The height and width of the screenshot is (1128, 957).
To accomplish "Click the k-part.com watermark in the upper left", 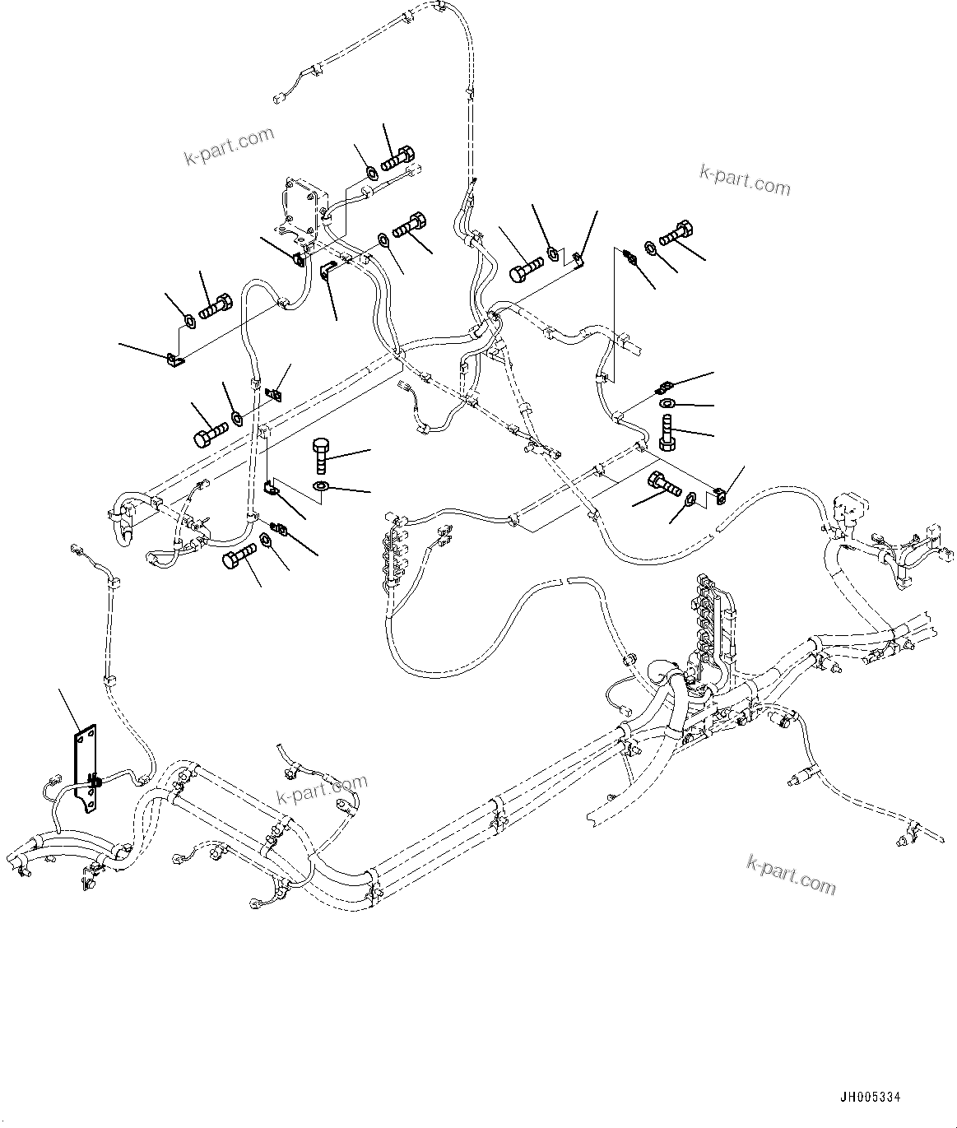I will click(x=229, y=146).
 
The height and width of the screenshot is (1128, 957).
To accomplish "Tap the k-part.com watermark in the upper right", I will click(x=745, y=181).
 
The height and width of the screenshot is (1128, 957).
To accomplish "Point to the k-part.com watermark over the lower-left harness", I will click(x=322, y=791).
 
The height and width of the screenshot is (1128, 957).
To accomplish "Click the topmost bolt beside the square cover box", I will click(x=399, y=156).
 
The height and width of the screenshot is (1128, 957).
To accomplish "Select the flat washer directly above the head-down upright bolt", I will click(x=666, y=403).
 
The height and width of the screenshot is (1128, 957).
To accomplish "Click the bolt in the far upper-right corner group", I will click(x=674, y=233).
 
